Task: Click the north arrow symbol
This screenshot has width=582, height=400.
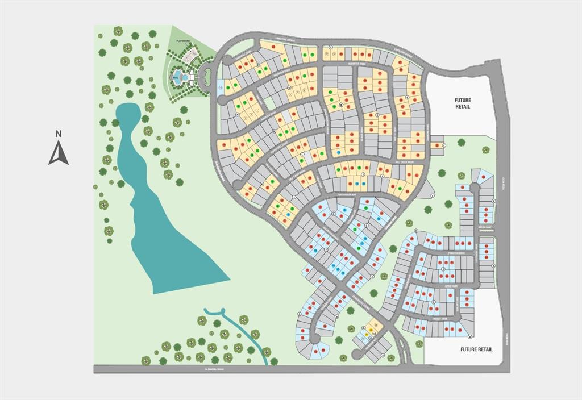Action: click(x=58, y=153)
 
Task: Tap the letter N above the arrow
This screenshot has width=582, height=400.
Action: click(x=58, y=134)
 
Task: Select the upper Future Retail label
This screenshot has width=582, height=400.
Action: click(x=462, y=103)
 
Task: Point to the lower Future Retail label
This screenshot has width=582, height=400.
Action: click(x=476, y=349)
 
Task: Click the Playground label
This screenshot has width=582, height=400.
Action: click(x=183, y=41)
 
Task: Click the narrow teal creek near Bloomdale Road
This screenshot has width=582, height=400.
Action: click(x=250, y=335)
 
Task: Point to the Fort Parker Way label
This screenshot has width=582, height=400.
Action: click(x=346, y=194)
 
